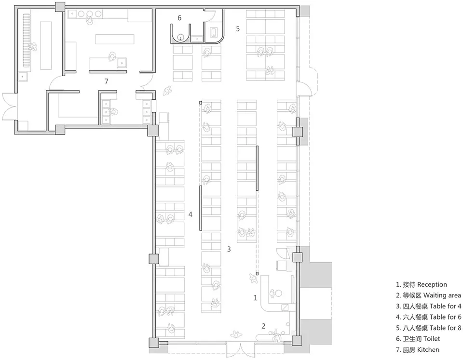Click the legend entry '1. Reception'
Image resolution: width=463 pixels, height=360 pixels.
tap(422, 285)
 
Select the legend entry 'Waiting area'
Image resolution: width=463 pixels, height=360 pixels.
tap(428, 295)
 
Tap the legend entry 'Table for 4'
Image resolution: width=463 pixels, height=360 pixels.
tap(428, 307)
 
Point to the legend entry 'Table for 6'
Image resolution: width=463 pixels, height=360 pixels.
tap(428, 317)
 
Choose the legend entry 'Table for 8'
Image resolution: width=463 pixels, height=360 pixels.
tap(428, 328)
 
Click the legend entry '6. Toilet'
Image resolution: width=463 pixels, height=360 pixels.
tap(418, 339)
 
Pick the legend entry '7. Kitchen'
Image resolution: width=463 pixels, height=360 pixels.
tap(418, 350)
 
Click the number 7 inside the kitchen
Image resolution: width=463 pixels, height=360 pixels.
tap(106, 81)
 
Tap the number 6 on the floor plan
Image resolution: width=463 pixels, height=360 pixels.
tap(179, 18)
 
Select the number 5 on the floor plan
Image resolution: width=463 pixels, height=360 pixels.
tap(238, 28)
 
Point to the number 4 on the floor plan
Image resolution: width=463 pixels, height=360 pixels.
tap(191, 214)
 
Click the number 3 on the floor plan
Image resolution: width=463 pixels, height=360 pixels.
tap(229, 249)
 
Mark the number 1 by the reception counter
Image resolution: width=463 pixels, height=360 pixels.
tap(256, 298)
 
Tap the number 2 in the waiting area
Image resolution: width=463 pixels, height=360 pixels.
tap(263, 326)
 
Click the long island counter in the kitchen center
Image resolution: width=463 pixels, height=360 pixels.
tap(115, 39)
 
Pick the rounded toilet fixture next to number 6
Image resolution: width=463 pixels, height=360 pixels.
tap(180, 34)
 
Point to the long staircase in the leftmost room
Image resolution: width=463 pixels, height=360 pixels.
tap(27, 40)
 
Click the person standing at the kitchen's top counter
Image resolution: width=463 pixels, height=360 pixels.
tap(89, 20)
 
